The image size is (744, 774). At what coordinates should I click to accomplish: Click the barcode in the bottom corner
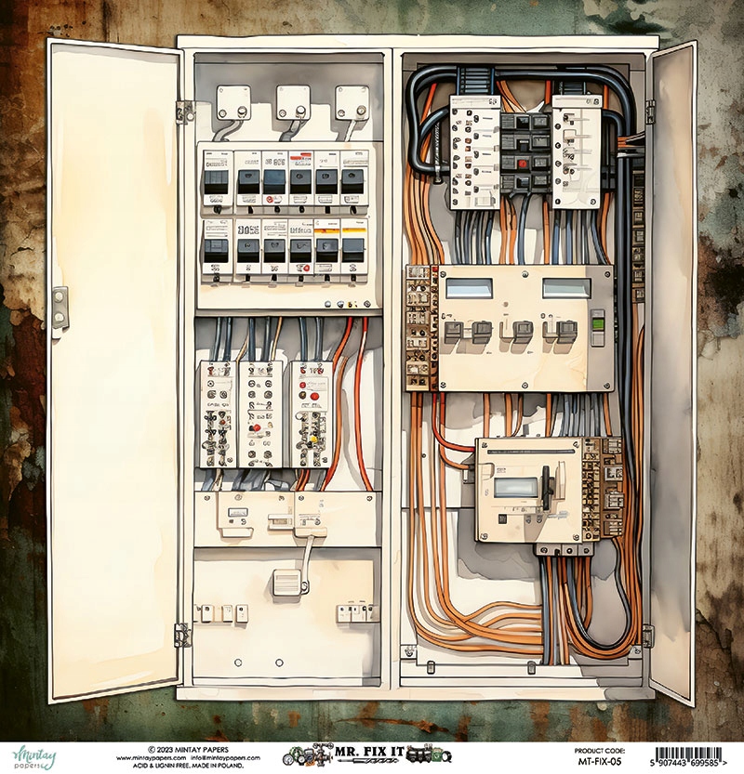tap(696, 754)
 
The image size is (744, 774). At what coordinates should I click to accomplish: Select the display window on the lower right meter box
tap(516, 486)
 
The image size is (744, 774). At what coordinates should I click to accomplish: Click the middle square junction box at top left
tap(293, 101)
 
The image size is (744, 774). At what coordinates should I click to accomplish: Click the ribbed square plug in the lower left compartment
tap(288, 583)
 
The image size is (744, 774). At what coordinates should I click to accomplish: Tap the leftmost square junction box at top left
tap(233, 101)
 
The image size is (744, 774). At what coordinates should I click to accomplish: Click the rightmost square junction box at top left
tap(352, 101)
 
